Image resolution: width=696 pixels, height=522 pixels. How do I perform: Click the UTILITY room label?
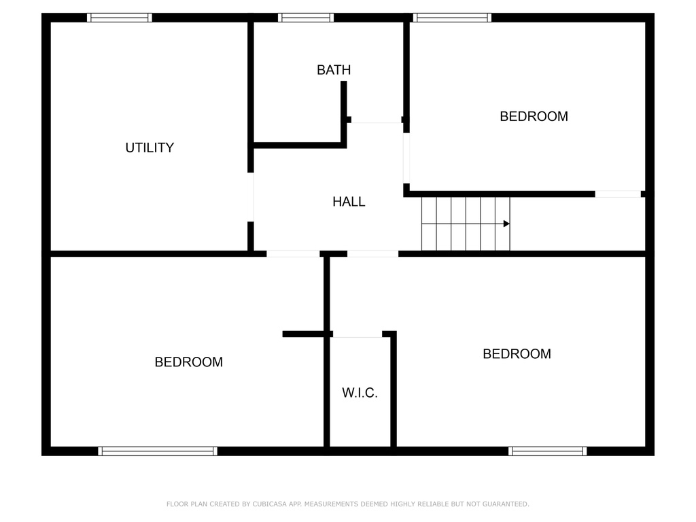click(x=150, y=147)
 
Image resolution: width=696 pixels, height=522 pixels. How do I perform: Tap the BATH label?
click(x=334, y=70)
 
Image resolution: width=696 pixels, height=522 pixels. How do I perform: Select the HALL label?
click(x=349, y=202)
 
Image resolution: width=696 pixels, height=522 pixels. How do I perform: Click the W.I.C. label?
click(x=360, y=393)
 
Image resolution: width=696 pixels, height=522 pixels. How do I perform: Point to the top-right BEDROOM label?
click(x=534, y=116)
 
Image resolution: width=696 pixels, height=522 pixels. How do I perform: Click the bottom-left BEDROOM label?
click(x=189, y=362)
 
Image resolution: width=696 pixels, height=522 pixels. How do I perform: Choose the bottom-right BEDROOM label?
click(x=517, y=353)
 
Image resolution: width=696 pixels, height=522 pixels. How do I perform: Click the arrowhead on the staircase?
click(x=506, y=224)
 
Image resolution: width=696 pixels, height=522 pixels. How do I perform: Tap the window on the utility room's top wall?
click(x=120, y=18)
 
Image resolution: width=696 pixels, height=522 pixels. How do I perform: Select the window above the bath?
click(x=306, y=18)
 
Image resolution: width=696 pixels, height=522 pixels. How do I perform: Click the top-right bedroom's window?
click(x=452, y=18)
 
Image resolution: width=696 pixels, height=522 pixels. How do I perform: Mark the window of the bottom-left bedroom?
click(x=158, y=451)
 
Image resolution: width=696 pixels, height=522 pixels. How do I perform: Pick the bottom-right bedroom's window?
click(x=548, y=451)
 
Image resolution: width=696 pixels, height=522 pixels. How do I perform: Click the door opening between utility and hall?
click(x=251, y=197)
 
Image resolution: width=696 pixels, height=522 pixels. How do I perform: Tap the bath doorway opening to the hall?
click(x=377, y=120)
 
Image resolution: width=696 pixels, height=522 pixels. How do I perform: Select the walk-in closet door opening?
click(x=358, y=334)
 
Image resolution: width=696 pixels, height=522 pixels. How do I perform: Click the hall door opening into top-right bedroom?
click(x=406, y=158)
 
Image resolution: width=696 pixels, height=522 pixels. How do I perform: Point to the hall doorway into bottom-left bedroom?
click(x=293, y=254)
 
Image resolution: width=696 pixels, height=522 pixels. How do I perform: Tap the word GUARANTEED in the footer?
click(x=506, y=504)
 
